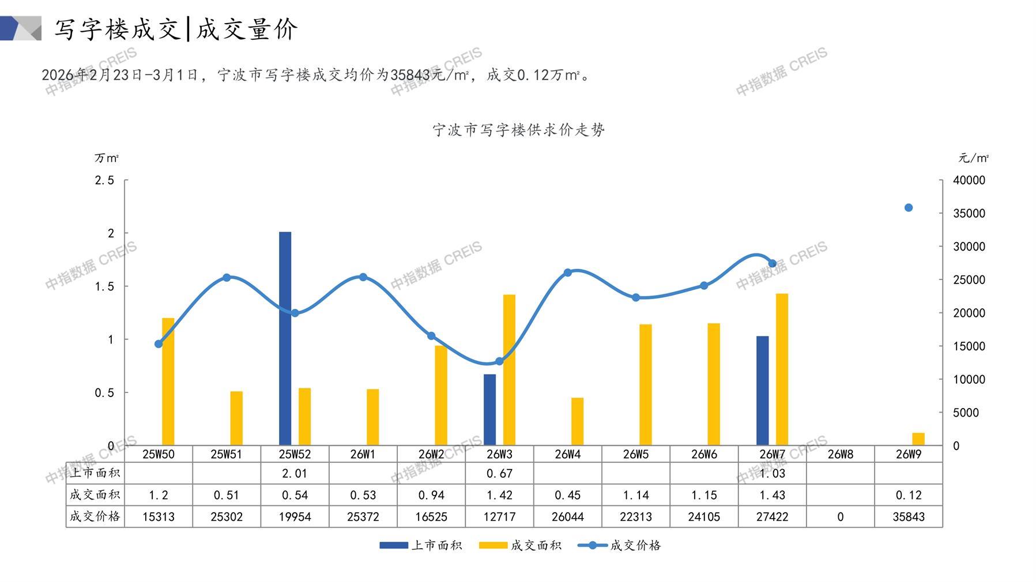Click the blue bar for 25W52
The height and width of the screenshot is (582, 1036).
(285, 338)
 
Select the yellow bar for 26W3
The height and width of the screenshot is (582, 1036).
(509, 370)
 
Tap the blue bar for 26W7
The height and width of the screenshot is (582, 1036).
(762, 390)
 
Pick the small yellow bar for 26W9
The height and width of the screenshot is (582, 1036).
(918, 439)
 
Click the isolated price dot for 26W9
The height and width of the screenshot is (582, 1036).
(909, 207)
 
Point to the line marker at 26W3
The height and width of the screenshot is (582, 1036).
(499, 361)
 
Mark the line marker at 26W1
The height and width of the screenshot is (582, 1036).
(363, 277)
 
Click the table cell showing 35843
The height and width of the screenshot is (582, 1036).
(909, 517)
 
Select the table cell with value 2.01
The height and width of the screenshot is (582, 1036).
(295, 474)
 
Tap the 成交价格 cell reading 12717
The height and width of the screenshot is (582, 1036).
(499, 517)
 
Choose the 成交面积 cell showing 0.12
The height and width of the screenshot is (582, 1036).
(909, 495)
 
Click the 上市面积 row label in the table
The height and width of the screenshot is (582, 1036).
(95, 474)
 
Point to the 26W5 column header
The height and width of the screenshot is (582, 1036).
(636, 454)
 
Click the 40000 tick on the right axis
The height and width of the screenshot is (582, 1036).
(969, 180)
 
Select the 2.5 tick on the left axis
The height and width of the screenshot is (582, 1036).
(104, 180)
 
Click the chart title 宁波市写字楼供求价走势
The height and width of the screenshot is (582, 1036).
(518, 130)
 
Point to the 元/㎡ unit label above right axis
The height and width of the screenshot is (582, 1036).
(973, 158)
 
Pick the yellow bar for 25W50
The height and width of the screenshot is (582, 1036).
(168, 381)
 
